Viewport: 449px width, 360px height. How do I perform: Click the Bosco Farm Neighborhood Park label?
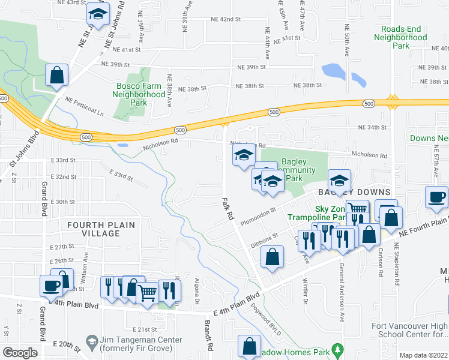click(140, 94)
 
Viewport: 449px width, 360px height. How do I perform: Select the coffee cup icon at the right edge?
click(436, 197)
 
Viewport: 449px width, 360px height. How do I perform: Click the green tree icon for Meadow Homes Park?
click(338, 349)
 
